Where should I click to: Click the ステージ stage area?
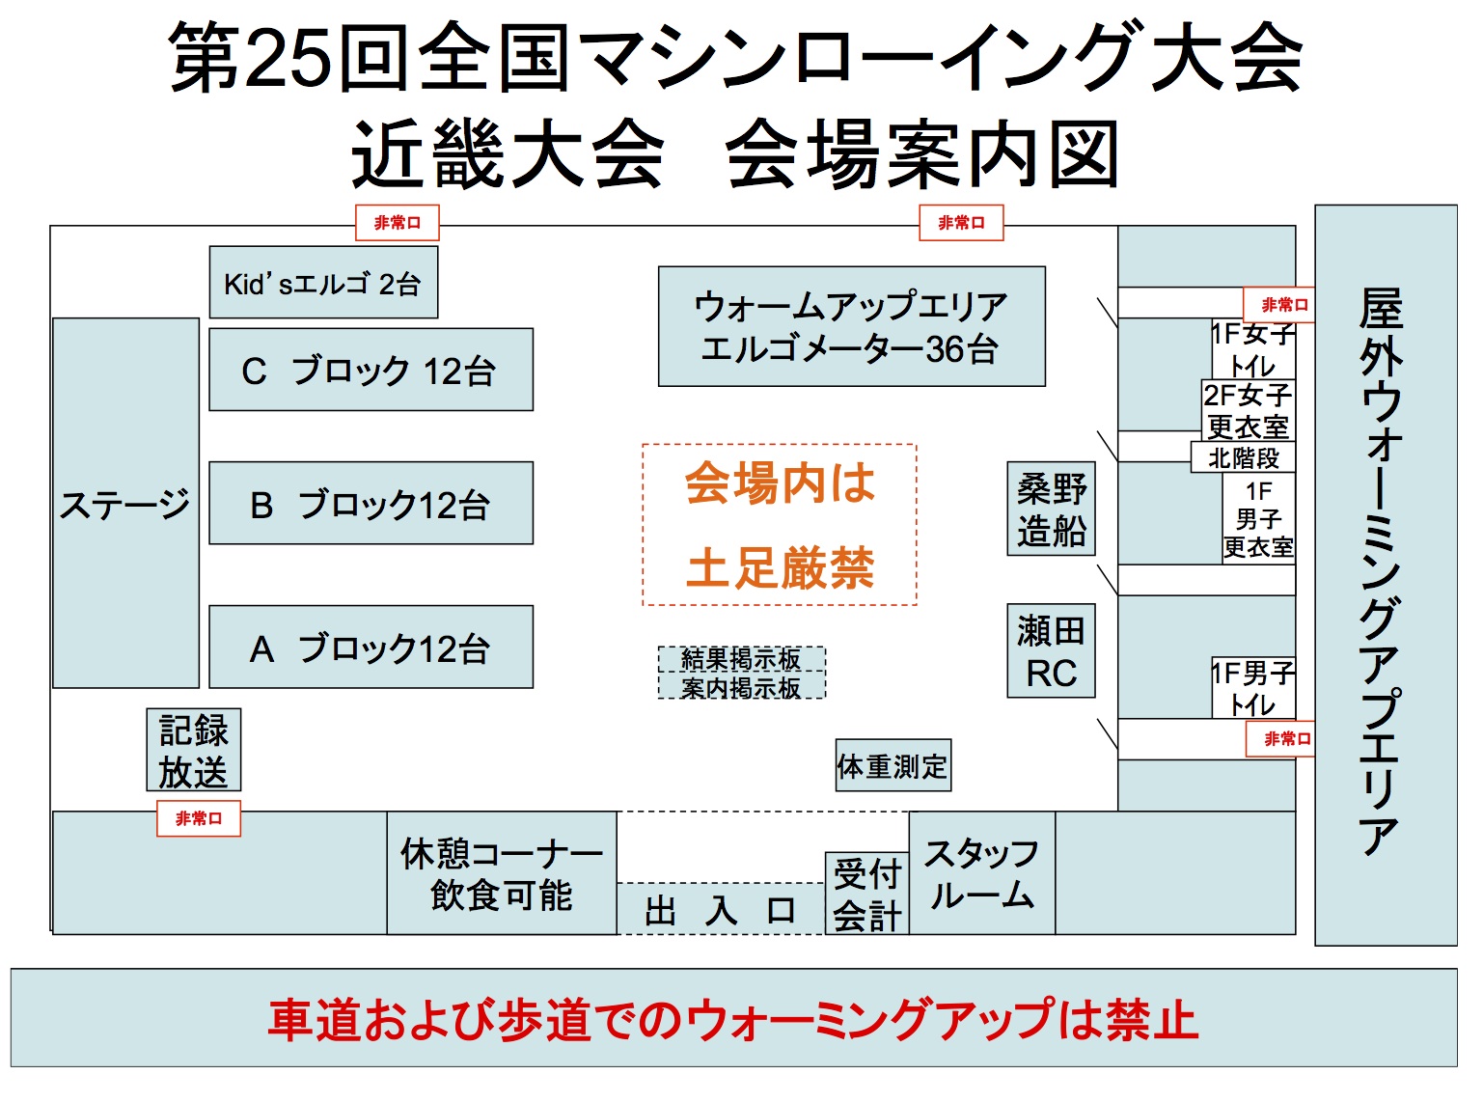[x=125, y=503]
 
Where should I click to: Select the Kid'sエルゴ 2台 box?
[x=323, y=283]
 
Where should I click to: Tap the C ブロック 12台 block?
[x=371, y=370]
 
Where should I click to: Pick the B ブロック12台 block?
[x=371, y=504]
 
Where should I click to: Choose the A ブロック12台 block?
[x=371, y=647]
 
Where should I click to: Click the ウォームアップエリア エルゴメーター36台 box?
[x=851, y=327]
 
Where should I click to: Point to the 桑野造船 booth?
[x=1051, y=509]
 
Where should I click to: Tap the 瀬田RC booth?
[x=1051, y=651]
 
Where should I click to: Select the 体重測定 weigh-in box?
[x=893, y=766]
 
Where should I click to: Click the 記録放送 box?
[x=194, y=751]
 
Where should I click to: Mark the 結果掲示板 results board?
[x=741, y=659]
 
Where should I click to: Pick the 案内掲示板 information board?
[x=741, y=687]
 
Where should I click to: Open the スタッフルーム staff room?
[x=981, y=873]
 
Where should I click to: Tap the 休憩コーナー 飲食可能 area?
[x=502, y=873]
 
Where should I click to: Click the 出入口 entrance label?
[x=720, y=910]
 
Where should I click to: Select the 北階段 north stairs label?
[x=1243, y=457]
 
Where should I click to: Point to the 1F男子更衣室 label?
[x=1258, y=519]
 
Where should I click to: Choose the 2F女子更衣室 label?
[x=1248, y=410]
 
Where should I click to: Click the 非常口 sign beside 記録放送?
[x=199, y=819]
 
